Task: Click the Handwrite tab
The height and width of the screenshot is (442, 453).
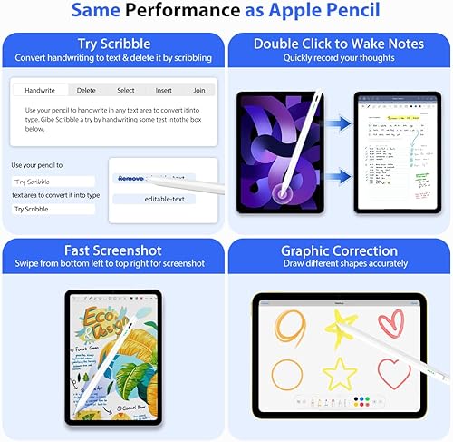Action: pyautogui.click(x=40, y=91)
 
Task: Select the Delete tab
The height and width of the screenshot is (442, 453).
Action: pyautogui.click(x=86, y=91)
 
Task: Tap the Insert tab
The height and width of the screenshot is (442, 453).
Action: pyautogui.click(x=163, y=91)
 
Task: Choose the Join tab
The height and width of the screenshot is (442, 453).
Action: pyautogui.click(x=198, y=91)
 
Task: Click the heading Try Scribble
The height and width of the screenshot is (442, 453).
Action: pyautogui.click(x=113, y=43)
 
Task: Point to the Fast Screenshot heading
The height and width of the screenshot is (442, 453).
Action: pyautogui.click(x=113, y=250)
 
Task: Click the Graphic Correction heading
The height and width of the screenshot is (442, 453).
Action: pyautogui.click(x=339, y=250)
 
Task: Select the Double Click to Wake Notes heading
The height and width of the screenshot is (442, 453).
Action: pyautogui.click(x=339, y=43)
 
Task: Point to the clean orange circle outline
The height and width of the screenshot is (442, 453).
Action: pyautogui.click(x=287, y=373)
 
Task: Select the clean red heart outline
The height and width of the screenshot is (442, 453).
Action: pyautogui.click(x=392, y=373)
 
